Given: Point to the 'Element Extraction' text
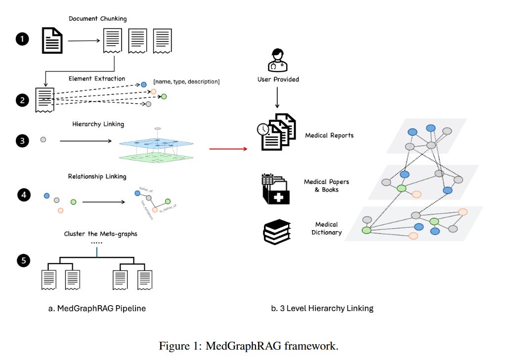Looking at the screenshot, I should pyautogui.click(x=97, y=78).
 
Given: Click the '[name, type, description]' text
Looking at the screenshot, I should pyautogui.click(x=186, y=81).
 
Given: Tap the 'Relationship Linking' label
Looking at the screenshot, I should pyautogui.click(x=97, y=176).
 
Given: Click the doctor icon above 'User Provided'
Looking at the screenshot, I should pyautogui.click(x=277, y=60).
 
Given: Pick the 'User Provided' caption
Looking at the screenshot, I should pyautogui.click(x=278, y=79).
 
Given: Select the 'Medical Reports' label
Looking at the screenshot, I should pyautogui.click(x=329, y=135).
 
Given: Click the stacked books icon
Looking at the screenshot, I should pyautogui.click(x=276, y=231).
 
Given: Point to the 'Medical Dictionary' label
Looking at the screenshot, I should pyautogui.click(x=327, y=228).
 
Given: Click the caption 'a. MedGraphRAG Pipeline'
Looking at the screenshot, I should pyautogui.click(x=97, y=308).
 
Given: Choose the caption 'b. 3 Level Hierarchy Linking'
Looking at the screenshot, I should pyautogui.click(x=322, y=308).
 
